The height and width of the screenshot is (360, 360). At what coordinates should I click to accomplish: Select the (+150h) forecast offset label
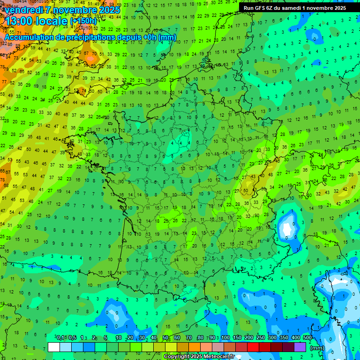click(x=83, y=21)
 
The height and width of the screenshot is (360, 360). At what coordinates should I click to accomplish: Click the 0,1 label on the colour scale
click(x=60, y=338)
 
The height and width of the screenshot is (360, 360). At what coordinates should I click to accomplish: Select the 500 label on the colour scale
click(x=307, y=338)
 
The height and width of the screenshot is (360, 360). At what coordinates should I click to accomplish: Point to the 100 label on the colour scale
click(x=226, y=338)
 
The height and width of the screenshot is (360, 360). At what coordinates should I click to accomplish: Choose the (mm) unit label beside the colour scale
click(x=317, y=348)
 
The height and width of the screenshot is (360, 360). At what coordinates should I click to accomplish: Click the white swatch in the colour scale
click(x=54, y=347)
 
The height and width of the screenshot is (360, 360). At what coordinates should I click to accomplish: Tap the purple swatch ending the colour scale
click(x=300, y=347)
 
